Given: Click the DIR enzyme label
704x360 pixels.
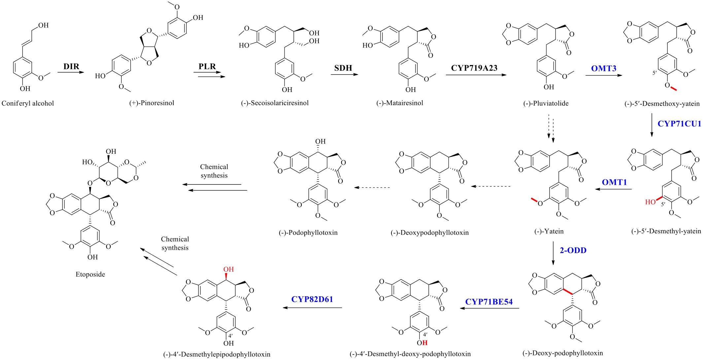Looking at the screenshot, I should [71, 66].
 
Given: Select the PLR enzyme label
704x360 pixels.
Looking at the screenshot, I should [207, 66].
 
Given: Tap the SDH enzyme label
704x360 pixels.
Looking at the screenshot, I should [343, 68].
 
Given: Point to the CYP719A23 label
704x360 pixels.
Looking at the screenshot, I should [474, 68].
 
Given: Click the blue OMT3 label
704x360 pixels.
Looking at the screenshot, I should [603, 68].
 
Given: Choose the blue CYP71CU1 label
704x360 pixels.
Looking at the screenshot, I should [679, 124].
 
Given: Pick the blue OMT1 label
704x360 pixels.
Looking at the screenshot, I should [614, 182].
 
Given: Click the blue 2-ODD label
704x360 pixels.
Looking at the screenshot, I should [573, 250].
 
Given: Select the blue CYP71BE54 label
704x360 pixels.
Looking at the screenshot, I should [489, 302].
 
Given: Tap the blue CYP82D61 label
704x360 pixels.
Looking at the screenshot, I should [312, 299].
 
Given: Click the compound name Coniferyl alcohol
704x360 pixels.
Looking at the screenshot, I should [28, 103].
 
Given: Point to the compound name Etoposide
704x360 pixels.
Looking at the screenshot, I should [90, 274].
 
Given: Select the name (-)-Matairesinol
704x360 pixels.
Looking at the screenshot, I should [400, 103].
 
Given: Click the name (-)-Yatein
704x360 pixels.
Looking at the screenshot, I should [549, 231].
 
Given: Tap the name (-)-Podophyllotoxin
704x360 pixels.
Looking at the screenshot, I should [308, 233].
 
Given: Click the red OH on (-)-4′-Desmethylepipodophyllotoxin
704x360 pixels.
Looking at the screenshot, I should [229, 269].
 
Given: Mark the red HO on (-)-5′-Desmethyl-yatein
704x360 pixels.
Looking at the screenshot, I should [650, 202].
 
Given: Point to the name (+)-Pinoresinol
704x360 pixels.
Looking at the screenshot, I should [151, 103].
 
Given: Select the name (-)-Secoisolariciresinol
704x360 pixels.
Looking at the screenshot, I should [275, 103].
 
